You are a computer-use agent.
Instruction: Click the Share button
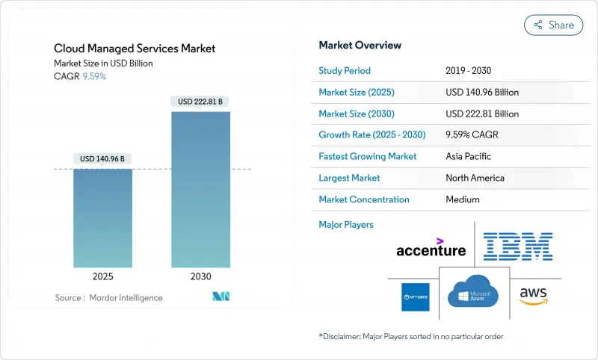[x=553, y=25]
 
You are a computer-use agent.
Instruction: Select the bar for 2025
[x=102, y=217]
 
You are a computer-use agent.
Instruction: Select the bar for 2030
[x=200, y=190]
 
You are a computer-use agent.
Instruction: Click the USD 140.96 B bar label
[x=102, y=158]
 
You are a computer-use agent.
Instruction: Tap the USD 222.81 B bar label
[x=200, y=101]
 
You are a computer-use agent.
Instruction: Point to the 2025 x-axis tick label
[x=102, y=276]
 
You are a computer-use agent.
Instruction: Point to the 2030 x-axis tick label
[x=200, y=276]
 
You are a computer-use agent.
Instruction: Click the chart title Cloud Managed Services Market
[x=135, y=49]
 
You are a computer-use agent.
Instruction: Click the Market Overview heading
[x=360, y=46]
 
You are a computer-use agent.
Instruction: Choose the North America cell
[x=475, y=178]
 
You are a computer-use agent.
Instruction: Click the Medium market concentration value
[x=463, y=199]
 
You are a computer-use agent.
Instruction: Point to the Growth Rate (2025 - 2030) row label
[x=371, y=135]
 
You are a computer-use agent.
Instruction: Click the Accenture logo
[x=431, y=249]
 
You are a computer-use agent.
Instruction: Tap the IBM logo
[x=517, y=246]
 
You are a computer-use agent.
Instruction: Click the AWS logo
[x=533, y=294]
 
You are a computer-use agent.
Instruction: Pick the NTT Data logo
[x=415, y=297]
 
